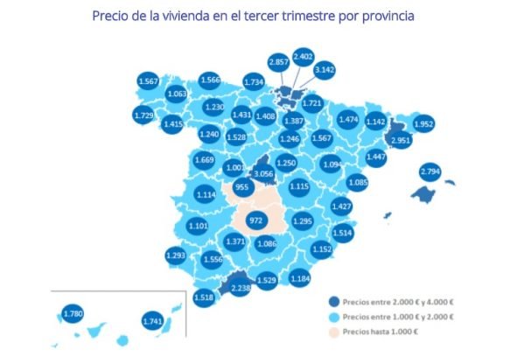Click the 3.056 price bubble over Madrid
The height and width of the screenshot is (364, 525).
[x=263, y=174]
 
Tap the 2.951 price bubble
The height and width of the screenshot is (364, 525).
[x=402, y=141]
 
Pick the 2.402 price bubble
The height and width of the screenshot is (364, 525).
[x=304, y=57]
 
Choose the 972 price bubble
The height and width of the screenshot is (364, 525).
[x=256, y=220]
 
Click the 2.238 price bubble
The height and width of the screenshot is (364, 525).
[x=239, y=287]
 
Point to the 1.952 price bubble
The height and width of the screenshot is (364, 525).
[x=424, y=123]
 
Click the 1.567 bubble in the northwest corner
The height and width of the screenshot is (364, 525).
[x=148, y=80]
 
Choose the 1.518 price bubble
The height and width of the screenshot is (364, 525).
[x=204, y=297]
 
